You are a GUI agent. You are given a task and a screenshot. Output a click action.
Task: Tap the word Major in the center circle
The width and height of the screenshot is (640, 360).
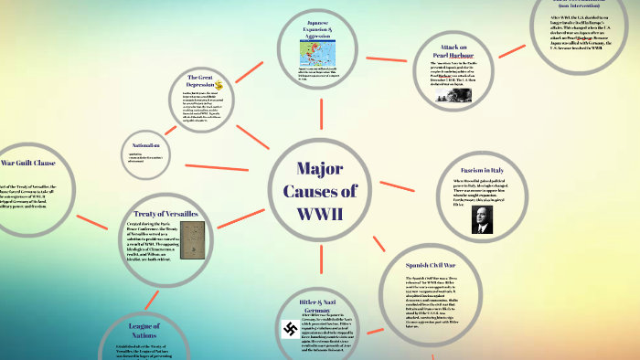(x=320, y=169)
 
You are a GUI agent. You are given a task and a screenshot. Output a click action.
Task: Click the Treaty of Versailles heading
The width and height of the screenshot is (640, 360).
(x=165, y=213)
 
